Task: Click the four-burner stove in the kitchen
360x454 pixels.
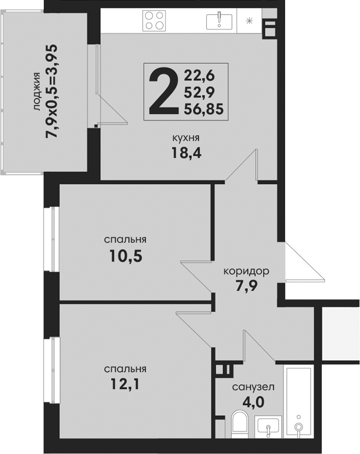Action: [x=154, y=21]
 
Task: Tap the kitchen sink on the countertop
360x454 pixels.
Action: [x=219, y=22]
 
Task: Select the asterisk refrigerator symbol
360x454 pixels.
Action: [x=249, y=21]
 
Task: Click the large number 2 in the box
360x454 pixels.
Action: [x=163, y=90]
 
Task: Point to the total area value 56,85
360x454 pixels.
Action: [x=204, y=109]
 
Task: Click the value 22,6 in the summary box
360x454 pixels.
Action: [x=199, y=76]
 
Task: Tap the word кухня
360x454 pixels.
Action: [x=186, y=138]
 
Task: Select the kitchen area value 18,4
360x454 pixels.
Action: [x=186, y=152]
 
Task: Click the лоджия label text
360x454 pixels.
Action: [x=37, y=91]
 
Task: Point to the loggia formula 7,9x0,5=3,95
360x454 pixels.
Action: [x=52, y=91]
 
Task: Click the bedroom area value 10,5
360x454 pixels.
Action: [x=126, y=256]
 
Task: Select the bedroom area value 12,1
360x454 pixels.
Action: [x=125, y=384]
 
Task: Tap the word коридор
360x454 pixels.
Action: [x=246, y=272]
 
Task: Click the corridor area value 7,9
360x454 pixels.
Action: [x=246, y=286]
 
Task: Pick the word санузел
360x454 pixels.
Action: [x=253, y=387]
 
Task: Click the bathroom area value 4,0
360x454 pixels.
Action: [x=253, y=402]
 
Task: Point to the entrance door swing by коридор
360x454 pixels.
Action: [x=304, y=262]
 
